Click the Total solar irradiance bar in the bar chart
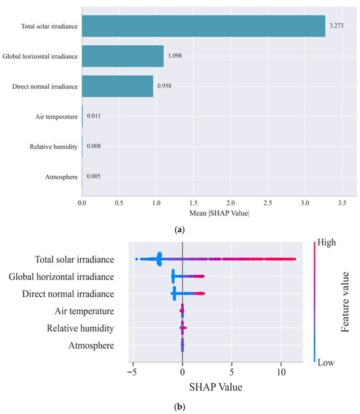click(204, 26)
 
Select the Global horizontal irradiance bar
click(122, 56)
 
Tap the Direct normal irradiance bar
click(117, 86)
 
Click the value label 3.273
click(336, 26)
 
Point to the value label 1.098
click(175, 56)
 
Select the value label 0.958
click(164, 86)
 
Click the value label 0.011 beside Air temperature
click(94, 116)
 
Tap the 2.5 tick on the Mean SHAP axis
click(268, 203)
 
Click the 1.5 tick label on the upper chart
click(194, 203)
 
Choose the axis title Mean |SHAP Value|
click(219, 213)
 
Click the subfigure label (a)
click(180, 230)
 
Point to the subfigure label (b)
click(180, 407)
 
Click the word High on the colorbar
click(327, 242)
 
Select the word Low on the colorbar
click(326, 362)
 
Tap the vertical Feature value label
click(345, 302)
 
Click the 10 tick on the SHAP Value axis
click(281, 372)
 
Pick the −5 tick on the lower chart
click(132, 372)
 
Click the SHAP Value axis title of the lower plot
click(216, 387)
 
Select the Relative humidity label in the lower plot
click(81, 328)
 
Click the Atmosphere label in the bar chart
click(62, 177)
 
